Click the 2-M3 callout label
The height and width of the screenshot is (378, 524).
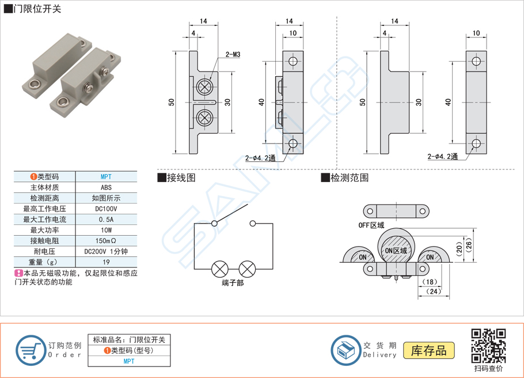click(233, 54)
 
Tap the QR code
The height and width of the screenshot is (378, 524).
click(488, 345)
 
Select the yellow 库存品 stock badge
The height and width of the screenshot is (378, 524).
click(430, 350)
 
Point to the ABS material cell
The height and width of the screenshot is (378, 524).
click(106, 187)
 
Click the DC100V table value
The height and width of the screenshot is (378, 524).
click(106, 209)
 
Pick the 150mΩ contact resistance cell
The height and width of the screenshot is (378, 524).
click(106, 240)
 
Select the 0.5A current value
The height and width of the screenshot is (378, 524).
click(106, 220)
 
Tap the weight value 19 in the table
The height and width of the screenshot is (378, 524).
click(106, 262)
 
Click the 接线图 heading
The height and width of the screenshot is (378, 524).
click(181, 177)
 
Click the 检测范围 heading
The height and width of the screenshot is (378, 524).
click(349, 177)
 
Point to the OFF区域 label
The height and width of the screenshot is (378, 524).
click(371, 225)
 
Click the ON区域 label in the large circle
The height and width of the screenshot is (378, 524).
click(396, 251)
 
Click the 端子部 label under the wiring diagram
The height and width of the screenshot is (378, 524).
click(233, 283)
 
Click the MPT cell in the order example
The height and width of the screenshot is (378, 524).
click(129, 361)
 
